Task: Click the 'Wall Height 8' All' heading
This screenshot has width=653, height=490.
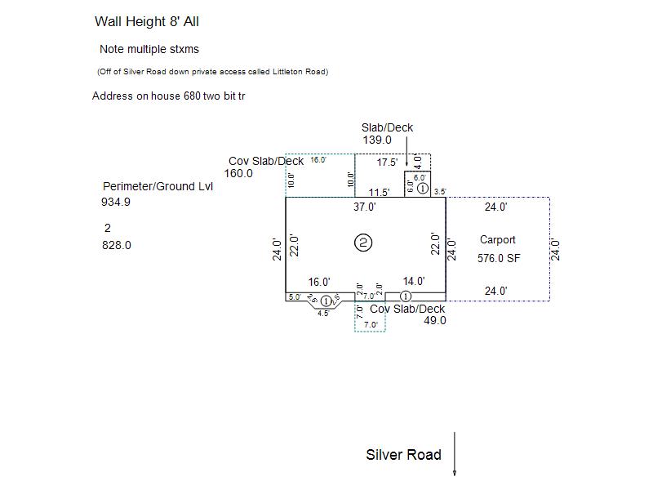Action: [x=147, y=22]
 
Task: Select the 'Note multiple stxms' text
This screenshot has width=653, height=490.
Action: [x=149, y=49]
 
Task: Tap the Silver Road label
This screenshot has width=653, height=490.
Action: [x=403, y=455]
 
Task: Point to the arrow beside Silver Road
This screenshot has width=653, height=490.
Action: [x=455, y=453]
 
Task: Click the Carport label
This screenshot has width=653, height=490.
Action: [x=497, y=240]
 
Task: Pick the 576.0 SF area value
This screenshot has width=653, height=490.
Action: [x=499, y=258]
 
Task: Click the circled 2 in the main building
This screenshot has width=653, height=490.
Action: [x=364, y=243]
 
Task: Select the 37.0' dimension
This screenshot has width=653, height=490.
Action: [x=365, y=207]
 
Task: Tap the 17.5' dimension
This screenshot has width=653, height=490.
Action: [x=388, y=163]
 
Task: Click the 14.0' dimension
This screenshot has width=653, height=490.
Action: [x=414, y=282]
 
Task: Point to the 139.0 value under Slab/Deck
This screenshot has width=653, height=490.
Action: [x=377, y=140]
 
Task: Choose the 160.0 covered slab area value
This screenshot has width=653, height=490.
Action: [x=238, y=173]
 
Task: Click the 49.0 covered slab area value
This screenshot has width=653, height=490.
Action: [x=435, y=321]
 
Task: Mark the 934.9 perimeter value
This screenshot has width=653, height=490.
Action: [x=116, y=203]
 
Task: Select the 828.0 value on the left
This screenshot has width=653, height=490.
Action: [x=117, y=245]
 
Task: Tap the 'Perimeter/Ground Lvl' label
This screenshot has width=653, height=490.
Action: [x=158, y=186]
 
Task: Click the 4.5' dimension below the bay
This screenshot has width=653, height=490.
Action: [x=323, y=314]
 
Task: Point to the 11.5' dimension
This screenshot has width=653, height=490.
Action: [x=379, y=193]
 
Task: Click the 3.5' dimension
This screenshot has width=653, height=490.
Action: [x=440, y=193]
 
